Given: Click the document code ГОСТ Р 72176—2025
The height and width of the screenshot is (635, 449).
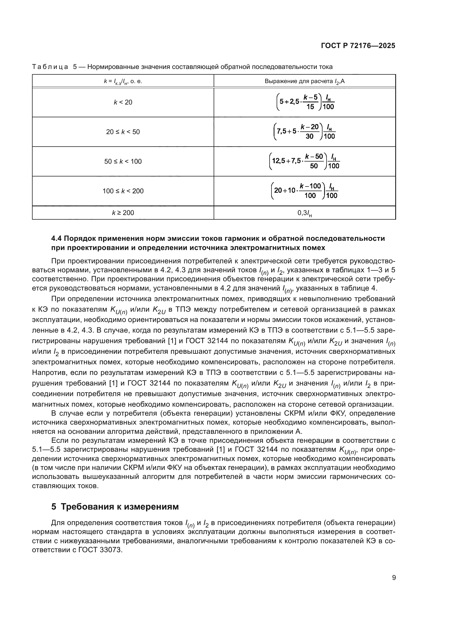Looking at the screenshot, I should (358, 46).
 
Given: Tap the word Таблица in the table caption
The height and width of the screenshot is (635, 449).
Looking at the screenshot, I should (50, 67).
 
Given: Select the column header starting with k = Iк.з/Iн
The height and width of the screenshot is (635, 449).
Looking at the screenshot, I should (123, 81).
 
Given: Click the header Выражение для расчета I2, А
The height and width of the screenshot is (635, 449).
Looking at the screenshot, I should (304, 81).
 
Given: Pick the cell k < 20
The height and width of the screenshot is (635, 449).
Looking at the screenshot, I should (123, 102).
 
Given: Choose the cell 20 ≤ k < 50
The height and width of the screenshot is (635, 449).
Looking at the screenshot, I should (123, 132).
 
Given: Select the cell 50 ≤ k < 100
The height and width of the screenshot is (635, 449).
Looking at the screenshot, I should (123, 162).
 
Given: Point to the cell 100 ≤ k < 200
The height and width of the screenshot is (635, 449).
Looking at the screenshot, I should (123, 191).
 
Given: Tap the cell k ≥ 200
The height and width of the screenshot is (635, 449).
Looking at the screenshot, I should (123, 213).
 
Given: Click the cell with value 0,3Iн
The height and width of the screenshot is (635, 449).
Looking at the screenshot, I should (304, 213).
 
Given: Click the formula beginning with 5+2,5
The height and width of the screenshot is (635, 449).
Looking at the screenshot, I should (305, 102).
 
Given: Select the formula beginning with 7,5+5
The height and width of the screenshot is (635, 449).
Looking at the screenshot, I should (304, 132).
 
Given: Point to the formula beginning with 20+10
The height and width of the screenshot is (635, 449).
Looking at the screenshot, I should (304, 191).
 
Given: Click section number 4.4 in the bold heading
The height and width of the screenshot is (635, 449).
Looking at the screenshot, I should (58, 238).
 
